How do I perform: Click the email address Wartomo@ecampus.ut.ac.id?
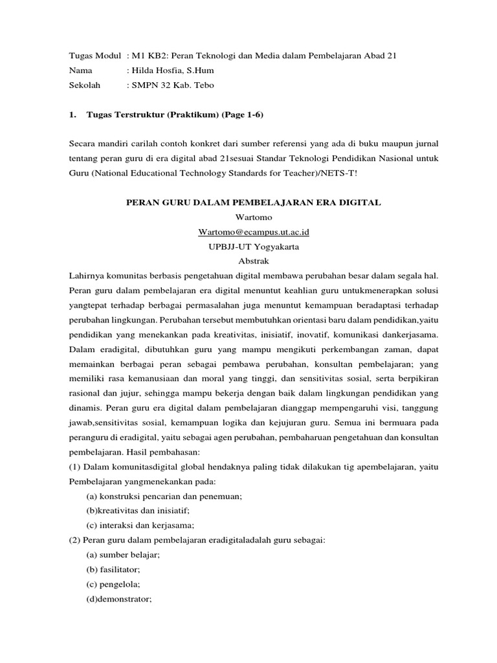[252, 232]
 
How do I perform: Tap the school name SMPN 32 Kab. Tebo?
[171, 85]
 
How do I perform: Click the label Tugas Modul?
[94, 56]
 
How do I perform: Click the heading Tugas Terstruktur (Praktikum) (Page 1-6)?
[170, 115]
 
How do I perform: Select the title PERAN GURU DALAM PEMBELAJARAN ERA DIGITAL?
[252, 203]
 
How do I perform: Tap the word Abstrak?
[252, 261]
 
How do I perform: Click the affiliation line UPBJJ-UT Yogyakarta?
[252, 247]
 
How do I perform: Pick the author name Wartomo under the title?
[252, 218]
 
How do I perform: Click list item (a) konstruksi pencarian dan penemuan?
[164, 496]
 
